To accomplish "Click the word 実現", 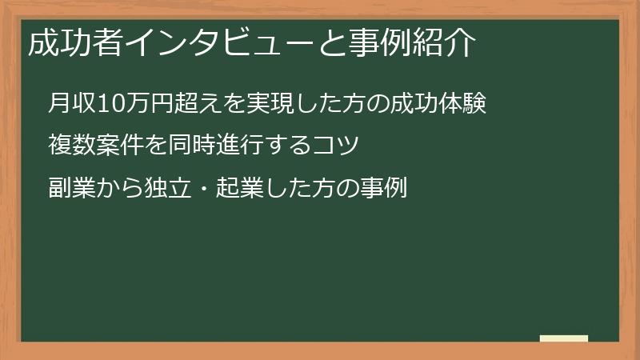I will pyautogui.click(x=251, y=103).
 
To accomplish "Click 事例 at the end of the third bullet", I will pyautogui.click(x=387, y=189).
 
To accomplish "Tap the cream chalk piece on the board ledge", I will pyautogui.click(x=564, y=338).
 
